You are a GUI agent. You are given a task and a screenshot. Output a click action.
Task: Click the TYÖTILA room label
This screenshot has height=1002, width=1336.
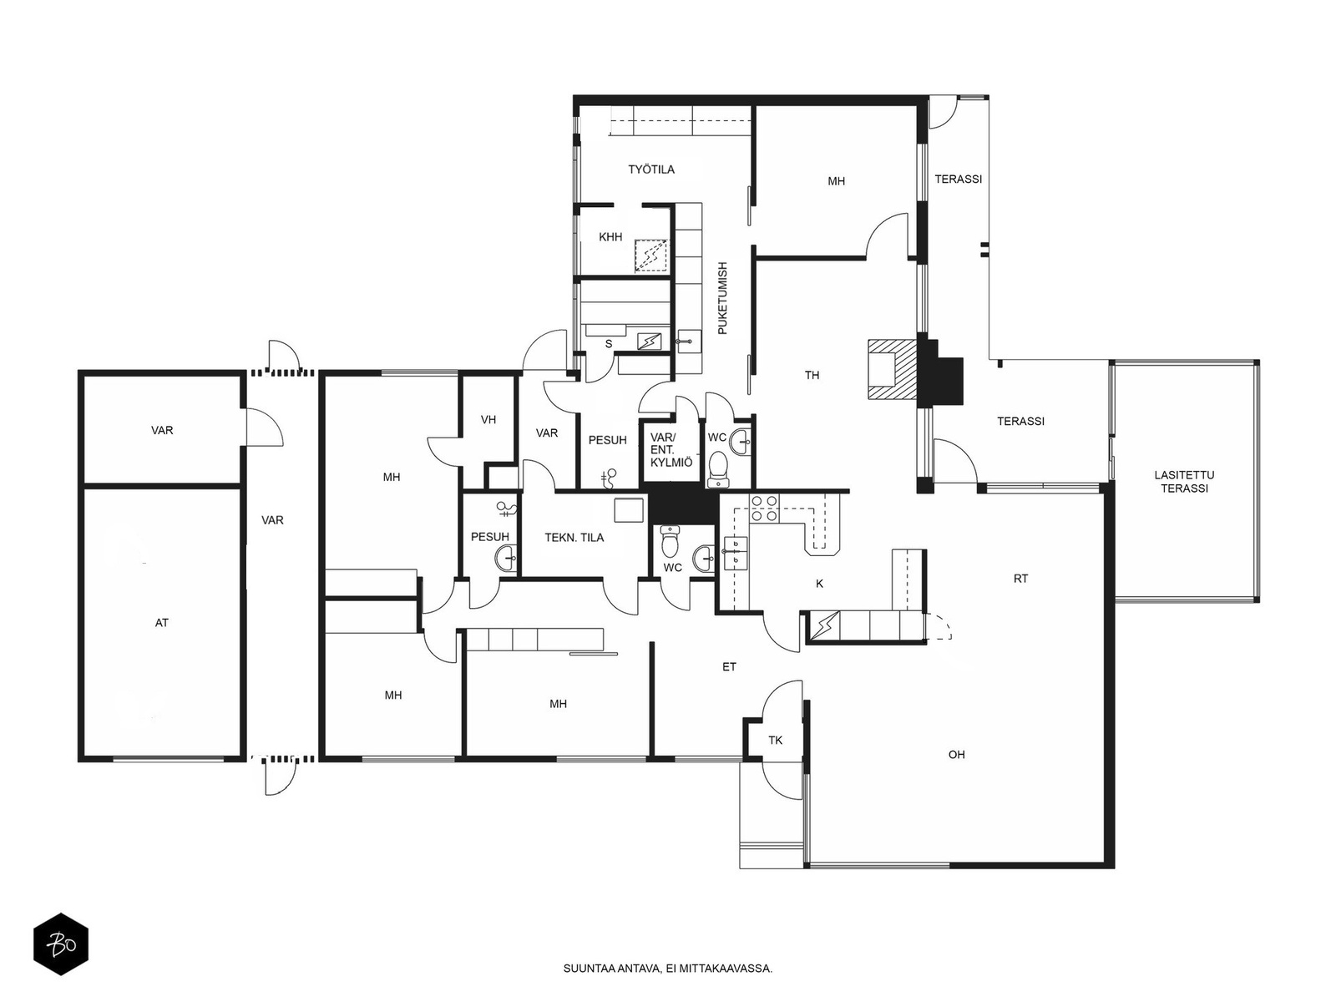tap(651, 170)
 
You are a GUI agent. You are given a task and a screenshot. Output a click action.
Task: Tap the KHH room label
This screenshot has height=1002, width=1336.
tap(610, 236)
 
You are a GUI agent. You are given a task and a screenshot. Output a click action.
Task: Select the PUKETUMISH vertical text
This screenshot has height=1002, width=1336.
tap(723, 298)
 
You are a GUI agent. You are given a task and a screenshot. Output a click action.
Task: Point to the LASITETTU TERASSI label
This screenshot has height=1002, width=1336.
tap(1184, 481)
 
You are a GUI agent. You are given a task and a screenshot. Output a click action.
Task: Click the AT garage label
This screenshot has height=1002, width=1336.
tap(161, 622)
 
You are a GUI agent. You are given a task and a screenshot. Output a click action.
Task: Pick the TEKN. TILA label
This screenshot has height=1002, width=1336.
tap(574, 537)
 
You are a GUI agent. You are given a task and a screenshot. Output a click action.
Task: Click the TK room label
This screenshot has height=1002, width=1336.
tap(776, 741)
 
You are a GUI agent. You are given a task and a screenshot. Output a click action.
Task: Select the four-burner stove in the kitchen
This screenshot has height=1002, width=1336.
tap(765, 508)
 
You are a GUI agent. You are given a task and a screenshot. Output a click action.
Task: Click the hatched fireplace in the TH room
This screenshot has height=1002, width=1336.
tap(893, 369)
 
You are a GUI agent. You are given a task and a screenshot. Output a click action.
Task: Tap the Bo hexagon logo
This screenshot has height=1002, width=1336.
tap(61, 945)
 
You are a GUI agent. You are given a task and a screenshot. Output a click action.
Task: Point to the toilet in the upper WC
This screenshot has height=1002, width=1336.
tap(718, 468)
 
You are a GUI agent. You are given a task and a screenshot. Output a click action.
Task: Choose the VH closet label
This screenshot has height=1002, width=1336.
tap(488, 419)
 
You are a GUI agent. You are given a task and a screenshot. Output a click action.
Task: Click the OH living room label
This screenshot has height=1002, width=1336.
tap(956, 754)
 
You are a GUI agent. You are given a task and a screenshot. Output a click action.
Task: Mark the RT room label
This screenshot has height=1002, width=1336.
tap(1020, 579)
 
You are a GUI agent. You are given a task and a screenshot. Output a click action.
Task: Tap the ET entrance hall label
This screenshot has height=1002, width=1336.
tap(729, 667)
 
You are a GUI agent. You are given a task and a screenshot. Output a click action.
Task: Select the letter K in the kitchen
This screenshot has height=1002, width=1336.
tap(819, 584)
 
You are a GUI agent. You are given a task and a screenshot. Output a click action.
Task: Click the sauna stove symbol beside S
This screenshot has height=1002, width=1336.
tap(649, 342)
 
